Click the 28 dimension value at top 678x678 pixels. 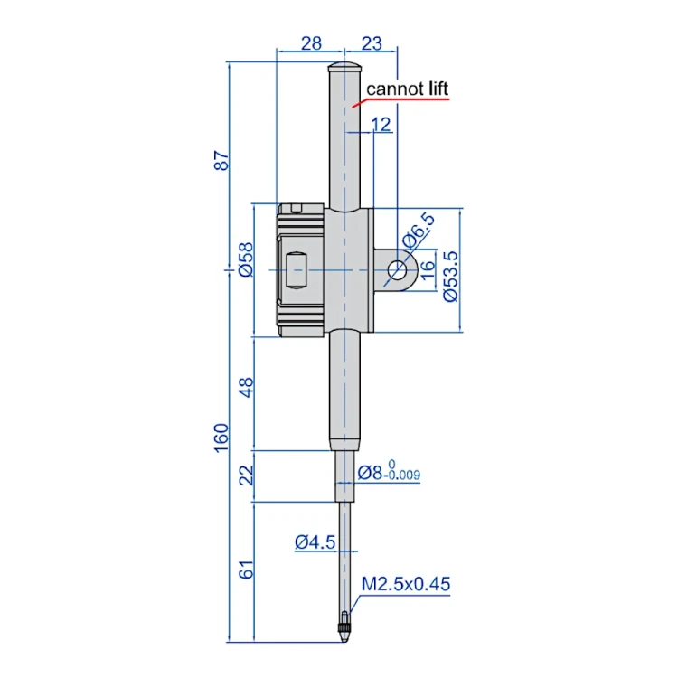(x=311, y=43)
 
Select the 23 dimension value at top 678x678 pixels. (x=372, y=43)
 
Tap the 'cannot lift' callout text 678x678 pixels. (x=408, y=89)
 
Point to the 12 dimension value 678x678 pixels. (x=381, y=125)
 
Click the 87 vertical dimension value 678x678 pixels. (x=221, y=160)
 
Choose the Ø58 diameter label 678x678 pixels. (x=246, y=259)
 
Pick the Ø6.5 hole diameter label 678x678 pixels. (x=418, y=231)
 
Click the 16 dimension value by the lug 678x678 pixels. (x=428, y=270)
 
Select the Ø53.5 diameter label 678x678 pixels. (x=450, y=277)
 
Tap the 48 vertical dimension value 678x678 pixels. (x=246, y=388)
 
